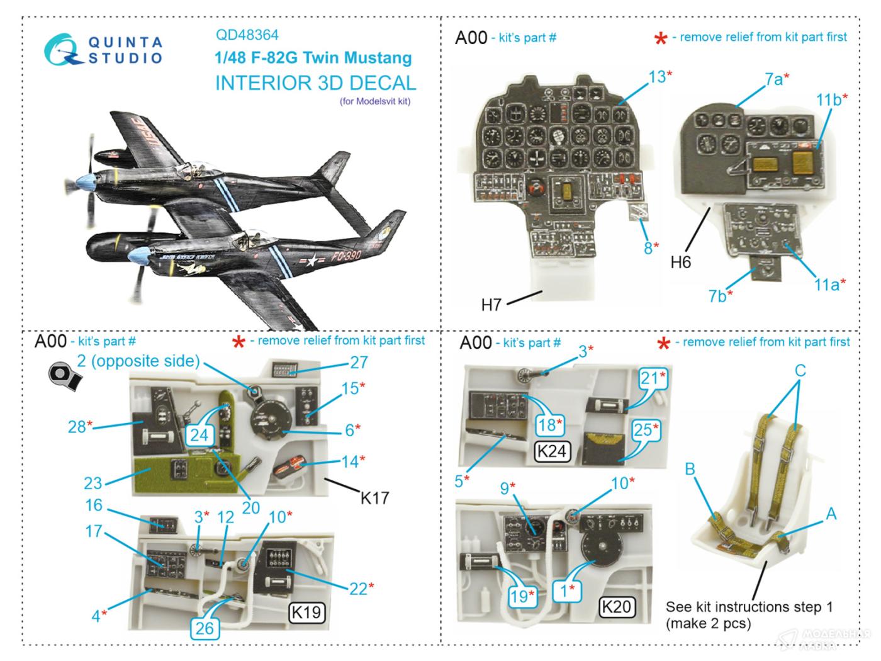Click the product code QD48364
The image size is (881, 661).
coord(247,35)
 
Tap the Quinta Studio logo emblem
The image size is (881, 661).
coord(64,50)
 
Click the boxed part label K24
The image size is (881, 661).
coord(553,451)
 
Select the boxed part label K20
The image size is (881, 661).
coord(616,606)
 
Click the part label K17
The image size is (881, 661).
coord(374,498)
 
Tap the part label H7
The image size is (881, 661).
coord(491,305)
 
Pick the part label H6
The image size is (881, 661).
coord(680,262)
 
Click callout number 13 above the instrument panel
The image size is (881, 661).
coord(657,77)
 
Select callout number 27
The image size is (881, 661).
coord(359,363)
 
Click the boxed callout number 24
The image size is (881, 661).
coord(199,434)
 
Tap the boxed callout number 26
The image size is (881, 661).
coord(205,627)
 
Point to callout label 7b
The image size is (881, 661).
coord(717,295)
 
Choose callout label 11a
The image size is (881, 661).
coord(826,285)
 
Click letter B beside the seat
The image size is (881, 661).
coord(690,469)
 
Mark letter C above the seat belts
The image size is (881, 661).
coord(800,370)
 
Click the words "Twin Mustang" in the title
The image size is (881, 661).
coord(357,58)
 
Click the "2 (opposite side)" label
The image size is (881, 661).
coord(138,361)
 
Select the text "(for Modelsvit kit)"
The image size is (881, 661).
coord(375,101)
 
